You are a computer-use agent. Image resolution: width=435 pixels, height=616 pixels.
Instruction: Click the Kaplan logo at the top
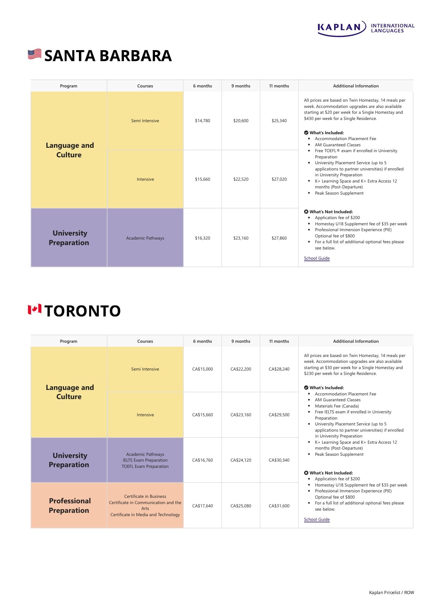366,28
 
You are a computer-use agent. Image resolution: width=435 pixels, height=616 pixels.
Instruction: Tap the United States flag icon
35,55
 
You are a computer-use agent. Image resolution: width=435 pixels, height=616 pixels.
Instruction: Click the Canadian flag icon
35,309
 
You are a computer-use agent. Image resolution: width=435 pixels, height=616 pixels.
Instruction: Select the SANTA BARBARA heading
108,56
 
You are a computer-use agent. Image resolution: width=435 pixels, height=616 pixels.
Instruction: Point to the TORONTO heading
83,311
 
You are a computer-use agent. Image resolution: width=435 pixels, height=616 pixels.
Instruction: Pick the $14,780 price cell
203,121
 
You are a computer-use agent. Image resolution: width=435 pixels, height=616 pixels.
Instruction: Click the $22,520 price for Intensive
241,179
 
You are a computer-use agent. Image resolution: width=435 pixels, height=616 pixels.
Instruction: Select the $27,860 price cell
279,238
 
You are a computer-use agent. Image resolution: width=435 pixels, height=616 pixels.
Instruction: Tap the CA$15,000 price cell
203,369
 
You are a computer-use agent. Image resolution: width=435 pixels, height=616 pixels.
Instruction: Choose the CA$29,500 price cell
279,415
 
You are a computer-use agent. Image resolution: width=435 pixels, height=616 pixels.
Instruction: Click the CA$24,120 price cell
241,460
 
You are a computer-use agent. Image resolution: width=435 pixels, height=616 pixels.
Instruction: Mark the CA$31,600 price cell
279,506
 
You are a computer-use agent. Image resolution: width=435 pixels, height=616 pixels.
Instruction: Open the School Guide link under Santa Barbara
317,258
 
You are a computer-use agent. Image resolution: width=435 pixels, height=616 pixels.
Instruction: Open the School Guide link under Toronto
317,519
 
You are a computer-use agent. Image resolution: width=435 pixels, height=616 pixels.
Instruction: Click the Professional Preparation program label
69,506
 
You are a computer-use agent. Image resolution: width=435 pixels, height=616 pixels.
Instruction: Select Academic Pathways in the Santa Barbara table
145,238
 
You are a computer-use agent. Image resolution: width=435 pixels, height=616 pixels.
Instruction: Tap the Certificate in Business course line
145,496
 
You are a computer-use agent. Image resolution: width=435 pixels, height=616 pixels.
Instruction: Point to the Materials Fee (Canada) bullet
337,406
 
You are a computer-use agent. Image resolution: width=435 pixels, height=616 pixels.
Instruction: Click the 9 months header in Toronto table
241,341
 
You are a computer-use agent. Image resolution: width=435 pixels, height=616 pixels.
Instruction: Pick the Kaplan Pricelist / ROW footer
391,593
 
